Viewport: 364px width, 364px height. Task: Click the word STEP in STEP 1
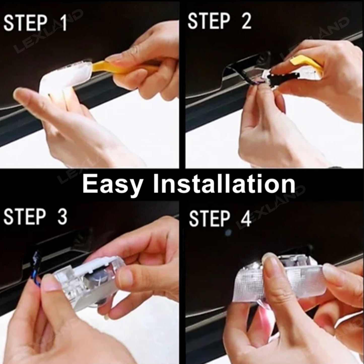coord(25,23)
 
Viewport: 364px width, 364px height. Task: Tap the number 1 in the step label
coord(63,23)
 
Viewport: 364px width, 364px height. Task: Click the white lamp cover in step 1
coord(63,78)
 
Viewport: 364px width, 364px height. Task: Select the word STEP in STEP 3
coord(25,217)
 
